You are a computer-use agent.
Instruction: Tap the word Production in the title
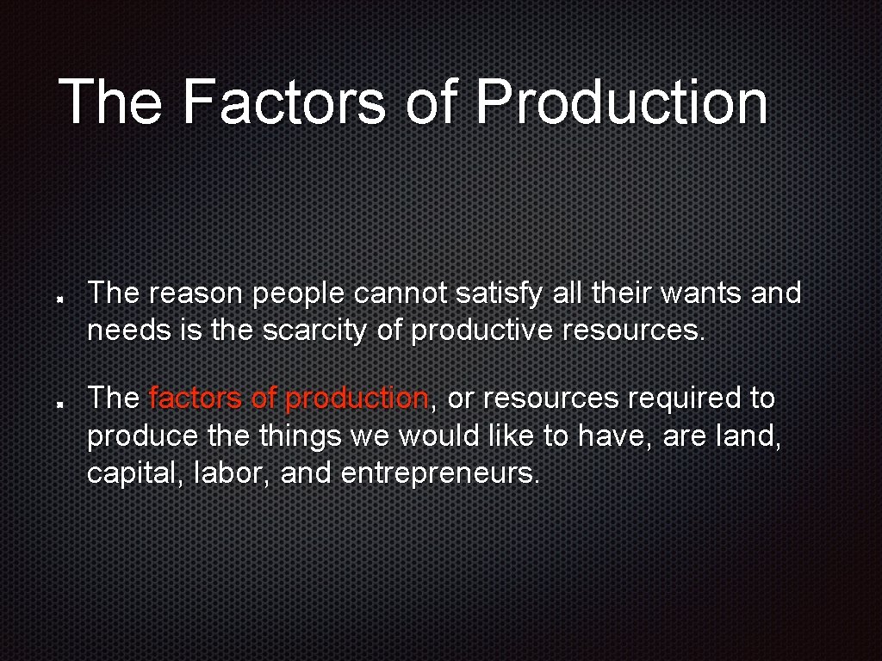click(621, 102)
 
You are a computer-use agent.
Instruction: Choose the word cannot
click(401, 294)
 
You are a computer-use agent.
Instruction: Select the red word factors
click(196, 398)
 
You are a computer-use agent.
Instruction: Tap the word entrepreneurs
click(440, 473)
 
